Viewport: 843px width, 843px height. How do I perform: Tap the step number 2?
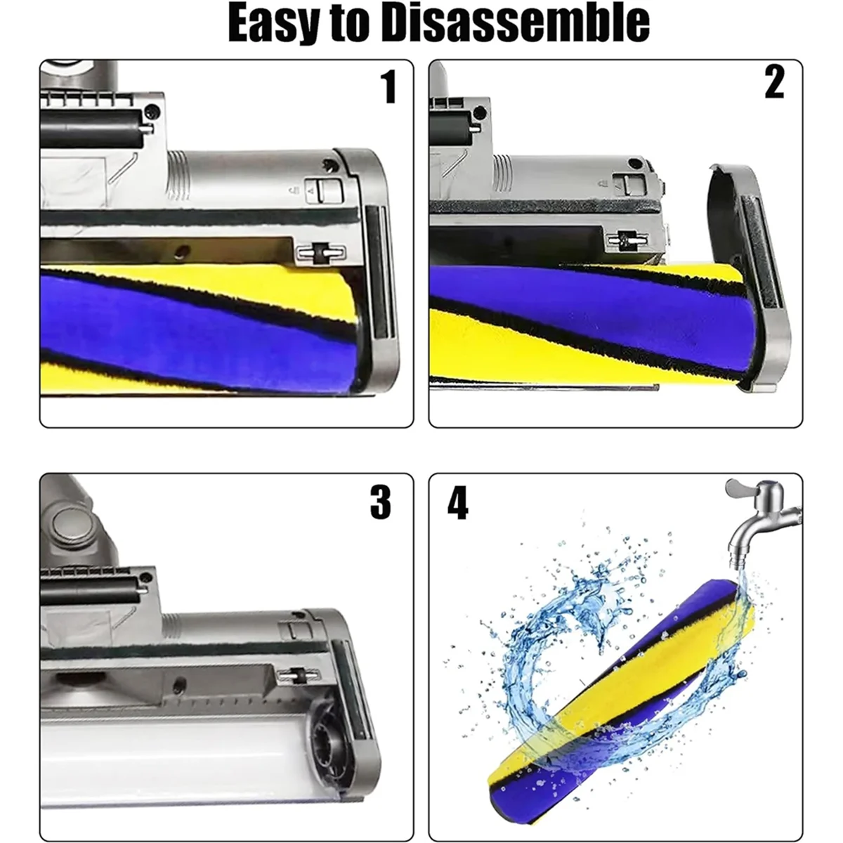tap(773, 84)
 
